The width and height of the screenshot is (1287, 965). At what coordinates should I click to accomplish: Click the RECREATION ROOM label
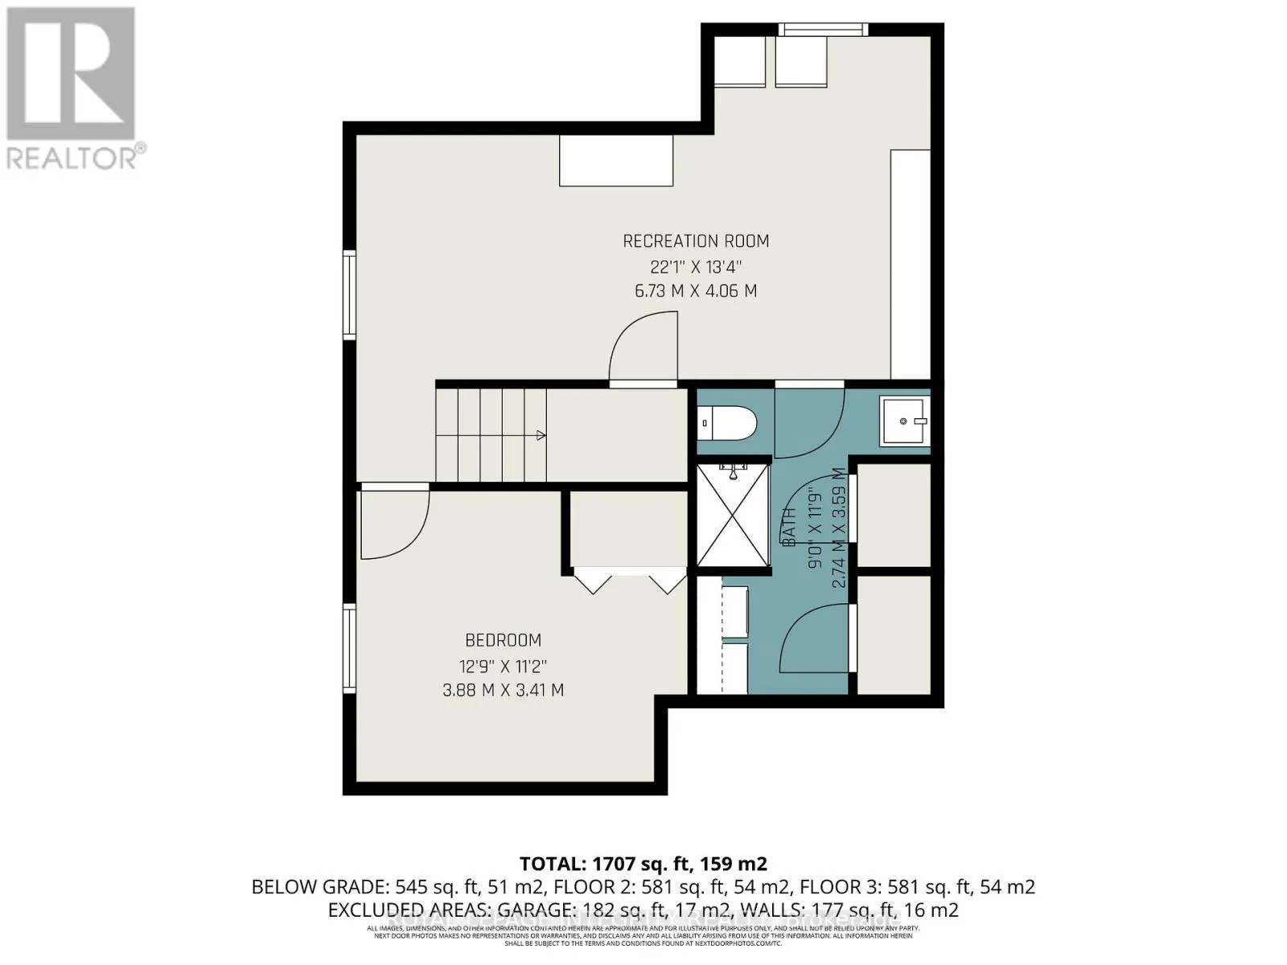click(x=696, y=240)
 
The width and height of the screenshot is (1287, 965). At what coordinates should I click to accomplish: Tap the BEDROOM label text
click(x=503, y=640)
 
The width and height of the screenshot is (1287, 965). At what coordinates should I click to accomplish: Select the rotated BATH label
click(x=789, y=528)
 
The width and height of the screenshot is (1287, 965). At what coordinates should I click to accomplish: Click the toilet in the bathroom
click(x=726, y=421)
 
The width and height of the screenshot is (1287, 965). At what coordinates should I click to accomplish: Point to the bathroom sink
click(x=903, y=421)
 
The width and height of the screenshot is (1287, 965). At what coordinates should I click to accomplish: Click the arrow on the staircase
click(x=541, y=435)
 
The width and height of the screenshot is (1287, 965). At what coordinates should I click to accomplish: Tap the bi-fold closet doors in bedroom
click(x=630, y=581)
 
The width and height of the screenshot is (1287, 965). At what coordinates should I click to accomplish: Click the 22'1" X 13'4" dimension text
click(x=696, y=266)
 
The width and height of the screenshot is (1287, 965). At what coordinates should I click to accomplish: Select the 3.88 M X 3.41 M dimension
click(x=503, y=690)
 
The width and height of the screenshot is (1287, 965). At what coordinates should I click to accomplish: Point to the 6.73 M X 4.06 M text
click(x=696, y=291)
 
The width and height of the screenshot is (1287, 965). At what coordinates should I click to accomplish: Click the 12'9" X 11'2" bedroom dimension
click(x=503, y=666)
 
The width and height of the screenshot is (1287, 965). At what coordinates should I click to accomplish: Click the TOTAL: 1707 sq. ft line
click(x=643, y=864)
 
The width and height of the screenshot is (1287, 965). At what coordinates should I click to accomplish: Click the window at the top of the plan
click(x=823, y=30)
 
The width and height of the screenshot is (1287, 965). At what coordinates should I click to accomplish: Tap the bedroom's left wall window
click(x=349, y=648)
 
